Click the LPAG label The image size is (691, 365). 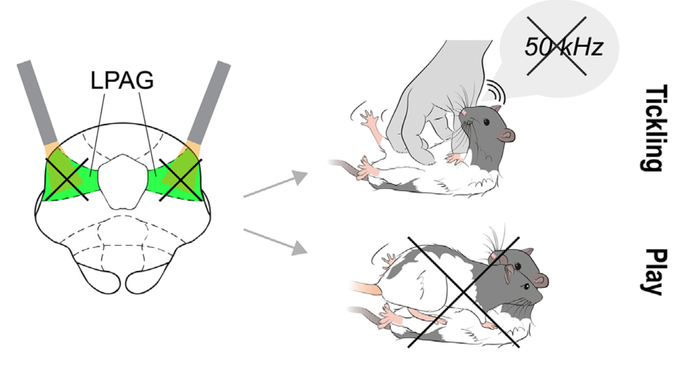(x=122, y=80)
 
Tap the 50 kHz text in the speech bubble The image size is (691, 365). (x=564, y=47)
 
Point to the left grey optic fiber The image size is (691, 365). (x=37, y=103)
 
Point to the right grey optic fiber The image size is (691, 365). (x=209, y=103)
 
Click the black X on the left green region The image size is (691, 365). (x=67, y=179)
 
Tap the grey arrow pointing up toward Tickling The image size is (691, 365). (x=276, y=184)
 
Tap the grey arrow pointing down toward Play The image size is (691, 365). (x=276, y=242)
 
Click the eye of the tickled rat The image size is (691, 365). (x=486, y=123)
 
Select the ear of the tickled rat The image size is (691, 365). (x=506, y=135)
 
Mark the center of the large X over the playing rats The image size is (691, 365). (x=464, y=292)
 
